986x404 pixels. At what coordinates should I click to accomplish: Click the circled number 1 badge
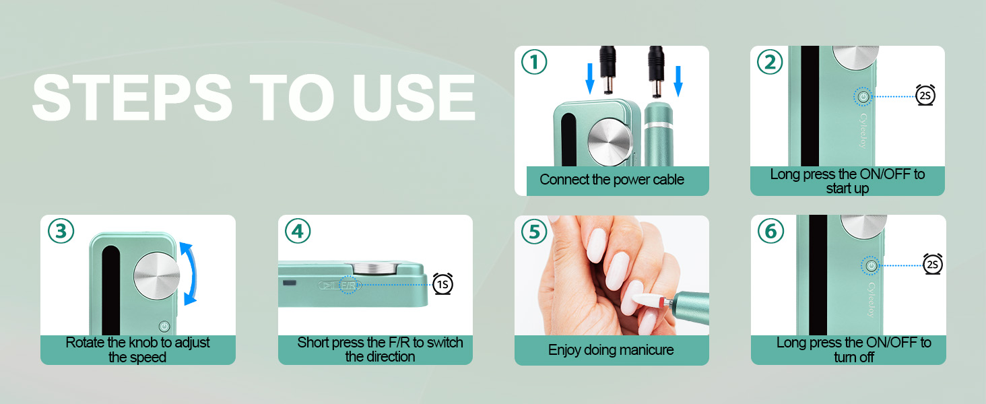click(x=534, y=63)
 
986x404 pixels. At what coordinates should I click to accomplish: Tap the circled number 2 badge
click(x=770, y=63)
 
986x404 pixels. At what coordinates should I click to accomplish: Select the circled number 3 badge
click(x=61, y=231)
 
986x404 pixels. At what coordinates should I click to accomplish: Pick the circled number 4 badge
click(x=298, y=231)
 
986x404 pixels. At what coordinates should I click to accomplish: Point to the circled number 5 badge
click(x=534, y=231)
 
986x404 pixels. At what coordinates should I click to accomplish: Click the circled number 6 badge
click(x=770, y=231)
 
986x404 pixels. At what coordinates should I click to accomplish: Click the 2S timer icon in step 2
click(x=925, y=96)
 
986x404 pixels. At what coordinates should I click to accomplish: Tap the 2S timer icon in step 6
click(x=932, y=265)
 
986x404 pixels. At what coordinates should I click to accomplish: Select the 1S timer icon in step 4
click(x=442, y=284)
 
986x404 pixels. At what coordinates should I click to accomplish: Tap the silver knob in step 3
click(x=157, y=276)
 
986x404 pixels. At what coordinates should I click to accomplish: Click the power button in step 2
click(x=863, y=97)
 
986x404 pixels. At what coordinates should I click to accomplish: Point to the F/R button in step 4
click(x=348, y=285)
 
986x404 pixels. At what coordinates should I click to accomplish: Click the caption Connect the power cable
click(x=612, y=180)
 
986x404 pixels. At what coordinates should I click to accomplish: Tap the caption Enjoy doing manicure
click(x=611, y=350)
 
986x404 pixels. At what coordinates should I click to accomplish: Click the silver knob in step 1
click(x=610, y=141)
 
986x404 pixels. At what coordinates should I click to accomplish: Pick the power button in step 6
click(x=871, y=266)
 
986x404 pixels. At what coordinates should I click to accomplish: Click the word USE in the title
click(x=414, y=98)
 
